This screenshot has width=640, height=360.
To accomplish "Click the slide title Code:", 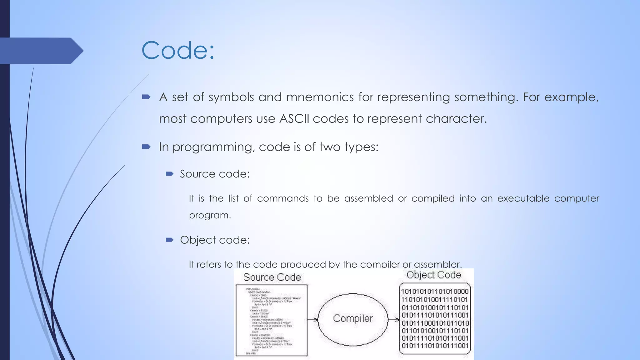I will [178, 50].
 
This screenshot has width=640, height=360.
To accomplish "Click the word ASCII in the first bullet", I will [294, 119].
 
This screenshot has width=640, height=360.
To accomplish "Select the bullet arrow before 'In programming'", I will [146, 147].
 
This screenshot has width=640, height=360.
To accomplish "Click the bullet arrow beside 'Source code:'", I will [169, 174].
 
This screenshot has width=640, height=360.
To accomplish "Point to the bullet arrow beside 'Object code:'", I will [169, 240].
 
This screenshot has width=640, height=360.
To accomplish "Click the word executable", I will [523, 198].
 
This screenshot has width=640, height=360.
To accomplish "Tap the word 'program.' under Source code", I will [210, 215].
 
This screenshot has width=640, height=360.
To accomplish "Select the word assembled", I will [368, 198].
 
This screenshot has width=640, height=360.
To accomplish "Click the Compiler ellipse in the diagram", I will [353, 319].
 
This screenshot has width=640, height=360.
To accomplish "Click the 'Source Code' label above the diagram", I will [272, 277].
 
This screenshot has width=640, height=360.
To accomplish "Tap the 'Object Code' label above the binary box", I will [434, 275].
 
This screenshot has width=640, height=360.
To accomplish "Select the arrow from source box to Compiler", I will [312, 319].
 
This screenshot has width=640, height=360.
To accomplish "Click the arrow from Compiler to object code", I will [393, 319].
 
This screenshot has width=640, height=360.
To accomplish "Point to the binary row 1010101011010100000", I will [435, 292].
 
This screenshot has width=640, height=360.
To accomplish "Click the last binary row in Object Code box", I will [435, 346].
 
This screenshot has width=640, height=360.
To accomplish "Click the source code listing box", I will [271, 320].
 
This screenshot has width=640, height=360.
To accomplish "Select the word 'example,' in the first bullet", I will [572, 97].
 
